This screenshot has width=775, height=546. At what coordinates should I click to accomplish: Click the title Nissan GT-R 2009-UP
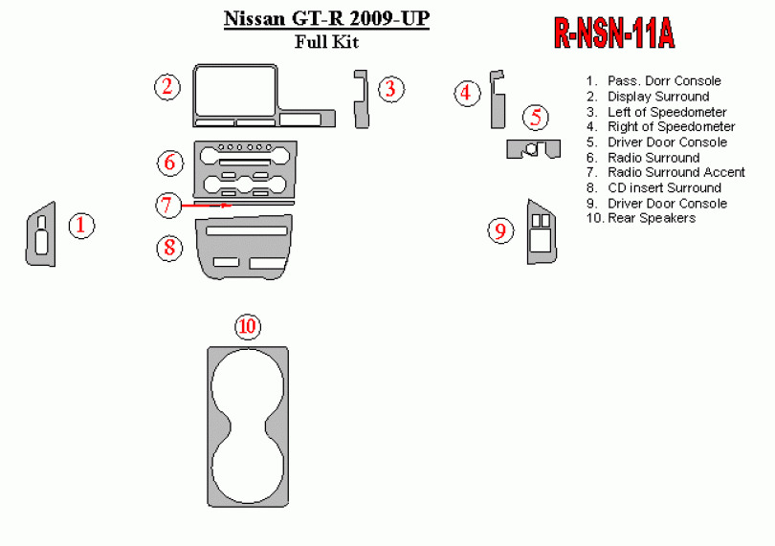point(326,18)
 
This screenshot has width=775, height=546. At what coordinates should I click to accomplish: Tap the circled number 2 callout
point(167,87)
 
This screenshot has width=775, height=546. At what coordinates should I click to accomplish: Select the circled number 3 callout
point(389,89)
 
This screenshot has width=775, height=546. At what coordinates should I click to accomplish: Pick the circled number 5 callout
point(536,119)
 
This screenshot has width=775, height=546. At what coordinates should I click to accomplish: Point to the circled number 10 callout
point(248,327)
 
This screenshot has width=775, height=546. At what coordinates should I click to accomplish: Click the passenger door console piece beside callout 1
point(41,233)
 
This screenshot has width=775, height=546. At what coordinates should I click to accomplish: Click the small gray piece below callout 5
point(532,148)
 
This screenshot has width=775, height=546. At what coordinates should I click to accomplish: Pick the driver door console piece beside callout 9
point(541,230)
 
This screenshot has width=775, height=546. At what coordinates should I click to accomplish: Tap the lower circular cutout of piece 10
point(248,470)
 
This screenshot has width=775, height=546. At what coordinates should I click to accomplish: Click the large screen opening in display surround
point(234,91)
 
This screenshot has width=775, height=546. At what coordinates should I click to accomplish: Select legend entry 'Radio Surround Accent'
point(675,172)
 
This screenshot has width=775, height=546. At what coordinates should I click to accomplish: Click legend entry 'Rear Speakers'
point(651,218)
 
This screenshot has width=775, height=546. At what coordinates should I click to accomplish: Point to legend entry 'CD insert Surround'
point(664,187)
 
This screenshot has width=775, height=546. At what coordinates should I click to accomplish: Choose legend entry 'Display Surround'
point(658,96)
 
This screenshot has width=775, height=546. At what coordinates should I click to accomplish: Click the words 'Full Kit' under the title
point(326,40)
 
